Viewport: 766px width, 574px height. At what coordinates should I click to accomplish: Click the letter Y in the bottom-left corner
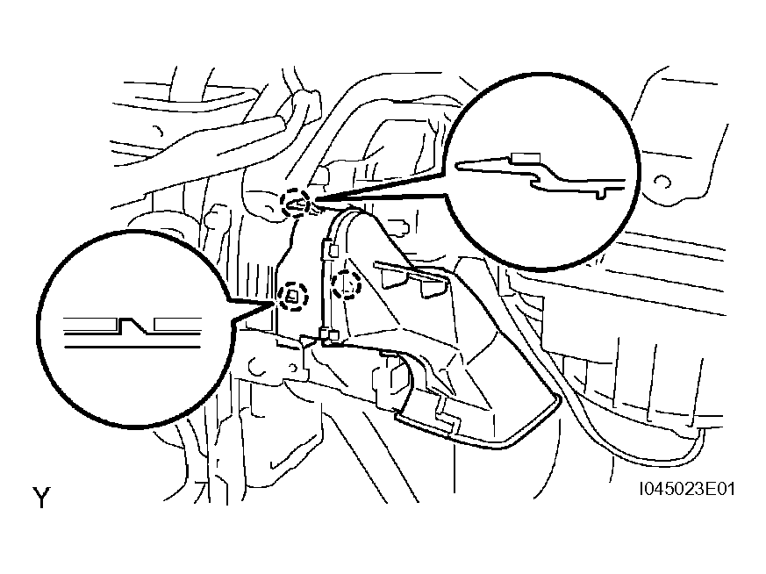[x=41, y=498]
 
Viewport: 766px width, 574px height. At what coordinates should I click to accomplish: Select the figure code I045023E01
[x=687, y=489]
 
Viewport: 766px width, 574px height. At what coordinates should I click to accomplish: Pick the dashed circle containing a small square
[x=292, y=296]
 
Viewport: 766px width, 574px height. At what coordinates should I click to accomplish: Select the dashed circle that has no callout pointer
[x=347, y=284]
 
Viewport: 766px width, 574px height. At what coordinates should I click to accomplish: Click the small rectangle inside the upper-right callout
[x=526, y=157]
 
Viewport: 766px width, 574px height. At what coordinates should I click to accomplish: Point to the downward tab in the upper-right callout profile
[x=602, y=192]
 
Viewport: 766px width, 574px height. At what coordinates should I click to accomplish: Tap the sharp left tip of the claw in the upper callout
[x=457, y=166]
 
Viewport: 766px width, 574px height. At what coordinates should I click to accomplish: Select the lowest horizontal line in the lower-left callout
[x=132, y=347]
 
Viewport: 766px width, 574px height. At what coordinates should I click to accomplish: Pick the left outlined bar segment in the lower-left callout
[x=91, y=323]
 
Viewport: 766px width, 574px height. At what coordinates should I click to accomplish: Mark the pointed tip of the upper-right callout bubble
[x=313, y=198]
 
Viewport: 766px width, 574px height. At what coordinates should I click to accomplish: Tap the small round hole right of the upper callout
[x=663, y=182]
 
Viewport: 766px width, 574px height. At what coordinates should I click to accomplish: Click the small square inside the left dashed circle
[x=292, y=296]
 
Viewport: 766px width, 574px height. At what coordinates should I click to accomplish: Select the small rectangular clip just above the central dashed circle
[x=334, y=251]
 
